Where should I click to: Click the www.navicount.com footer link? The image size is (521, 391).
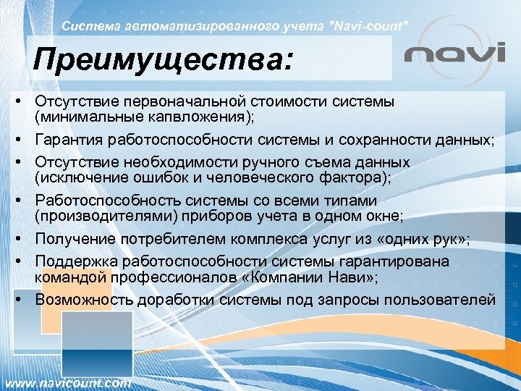(x=68, y=382)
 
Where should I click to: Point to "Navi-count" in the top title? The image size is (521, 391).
(x=369, y=26)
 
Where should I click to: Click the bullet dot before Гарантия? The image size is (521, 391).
(x=25, y=139)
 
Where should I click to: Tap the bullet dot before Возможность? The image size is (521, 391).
(x=25, y=299)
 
